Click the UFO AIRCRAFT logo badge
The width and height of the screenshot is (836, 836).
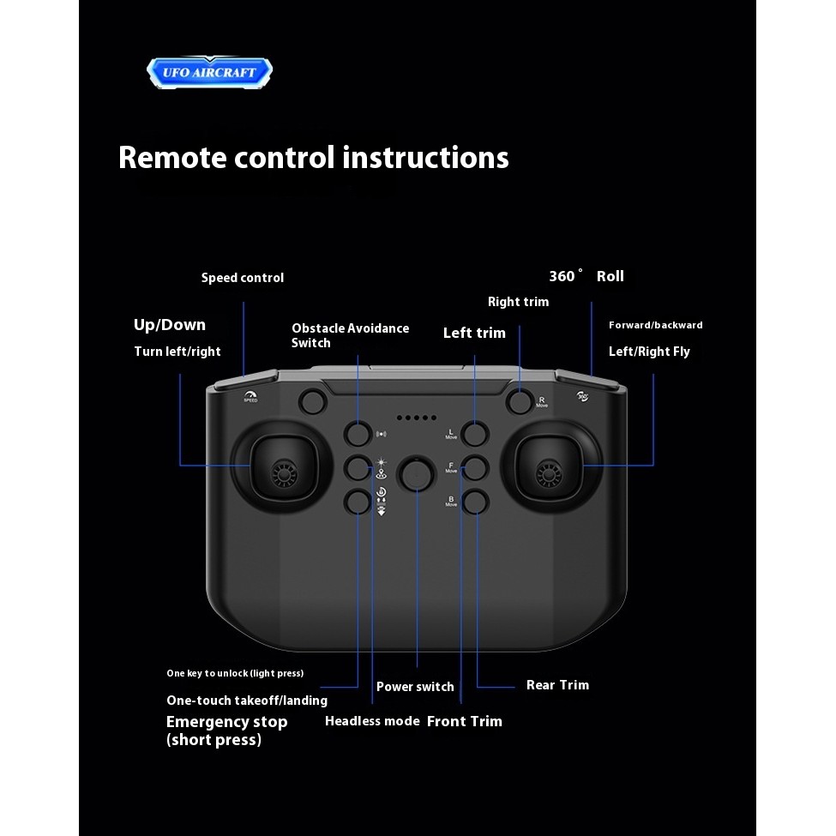209,72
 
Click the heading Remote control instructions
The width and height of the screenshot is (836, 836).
313,158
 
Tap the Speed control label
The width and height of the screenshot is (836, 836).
243,278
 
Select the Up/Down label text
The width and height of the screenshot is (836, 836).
170,324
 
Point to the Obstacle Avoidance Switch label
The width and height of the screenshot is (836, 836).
350,335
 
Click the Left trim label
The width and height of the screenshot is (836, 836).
474,333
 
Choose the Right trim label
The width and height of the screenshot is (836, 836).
518,302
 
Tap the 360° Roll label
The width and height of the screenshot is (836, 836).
586,276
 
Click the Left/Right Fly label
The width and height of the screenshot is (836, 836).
649,352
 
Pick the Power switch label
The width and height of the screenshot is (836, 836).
415,687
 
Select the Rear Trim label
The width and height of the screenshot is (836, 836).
557,685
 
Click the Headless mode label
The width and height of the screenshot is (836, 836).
372,721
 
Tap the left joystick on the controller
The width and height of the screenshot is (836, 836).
281,471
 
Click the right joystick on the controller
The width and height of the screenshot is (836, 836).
545,471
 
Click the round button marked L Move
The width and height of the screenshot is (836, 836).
474,434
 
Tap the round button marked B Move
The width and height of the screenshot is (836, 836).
474,502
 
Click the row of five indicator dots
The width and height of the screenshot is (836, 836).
416,418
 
